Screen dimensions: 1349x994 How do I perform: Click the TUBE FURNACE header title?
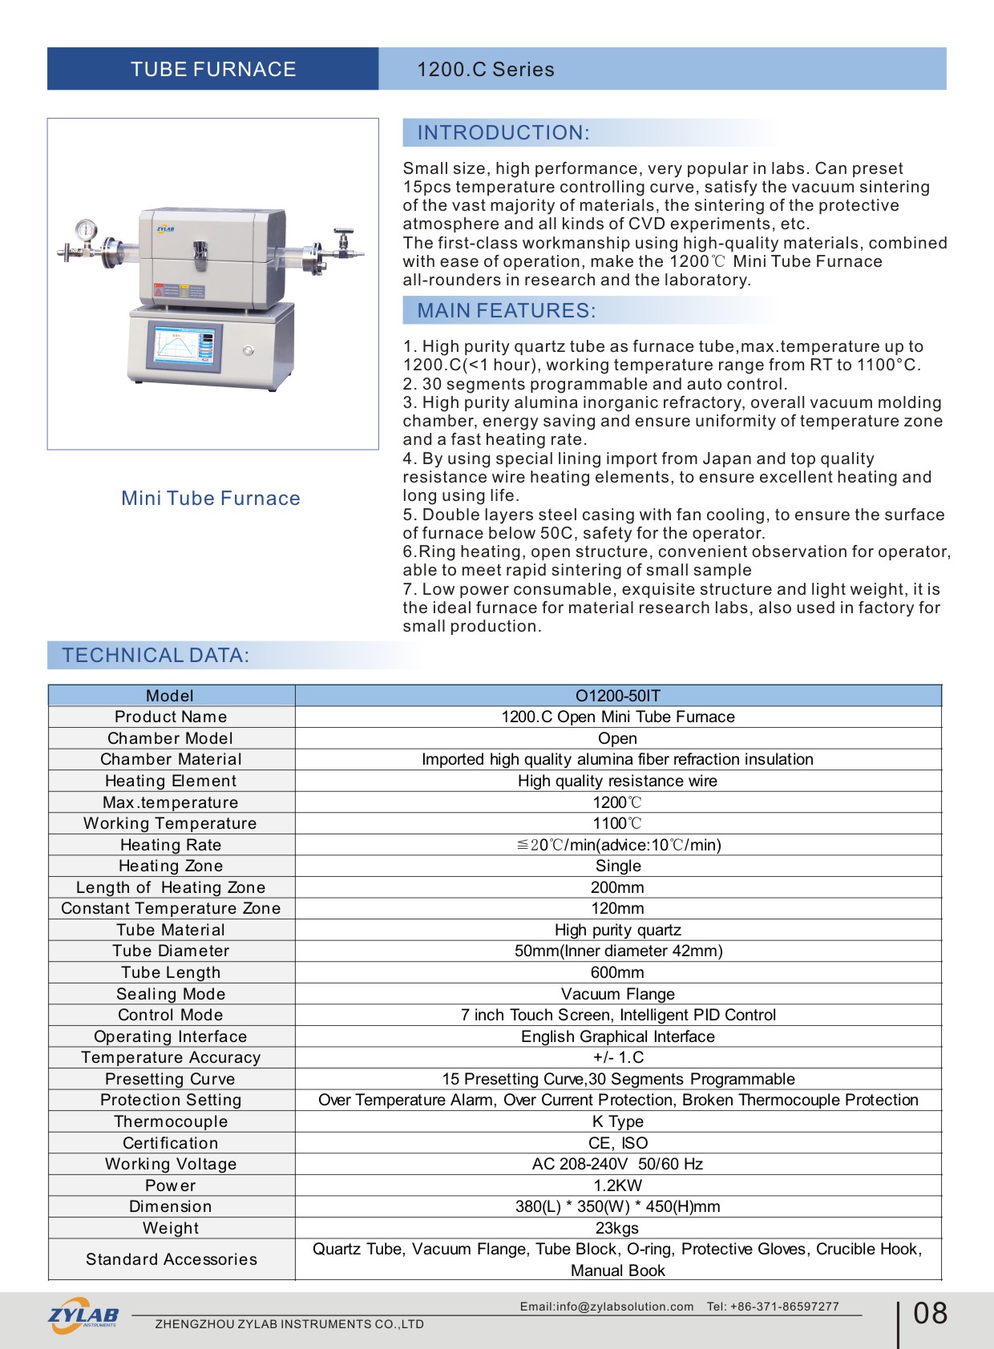pos(213,70)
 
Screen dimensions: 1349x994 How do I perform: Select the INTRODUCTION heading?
pos(503,133)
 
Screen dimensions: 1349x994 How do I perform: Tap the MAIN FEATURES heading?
pos(506,311)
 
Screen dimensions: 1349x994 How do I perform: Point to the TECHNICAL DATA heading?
pos(156,656)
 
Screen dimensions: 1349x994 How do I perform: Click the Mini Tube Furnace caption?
pos(211,499)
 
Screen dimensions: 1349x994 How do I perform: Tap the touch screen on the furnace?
pos(184,346)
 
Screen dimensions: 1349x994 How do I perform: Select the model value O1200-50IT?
pos(618,696)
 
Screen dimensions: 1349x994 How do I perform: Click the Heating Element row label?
pos(171,781)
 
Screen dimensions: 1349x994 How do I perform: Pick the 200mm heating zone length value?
pos(617,887)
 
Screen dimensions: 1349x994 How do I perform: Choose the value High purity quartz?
pos(618,930)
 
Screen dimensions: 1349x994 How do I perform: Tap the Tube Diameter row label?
pos(171,951)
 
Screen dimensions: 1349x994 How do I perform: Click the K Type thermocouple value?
pos(618,1121)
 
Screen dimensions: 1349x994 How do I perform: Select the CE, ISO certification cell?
pos(618,1143)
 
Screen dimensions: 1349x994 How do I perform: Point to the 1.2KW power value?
pos(618,1185)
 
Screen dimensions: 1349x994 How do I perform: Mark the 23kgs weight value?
pos(617,1228)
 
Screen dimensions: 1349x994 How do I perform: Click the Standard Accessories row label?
pos(172,1259)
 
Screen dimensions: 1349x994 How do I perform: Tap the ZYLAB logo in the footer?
pos(83,1315)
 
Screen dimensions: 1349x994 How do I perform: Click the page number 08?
pos(930,1314)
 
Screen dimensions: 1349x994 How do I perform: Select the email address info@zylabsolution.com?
pos(625,1307)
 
